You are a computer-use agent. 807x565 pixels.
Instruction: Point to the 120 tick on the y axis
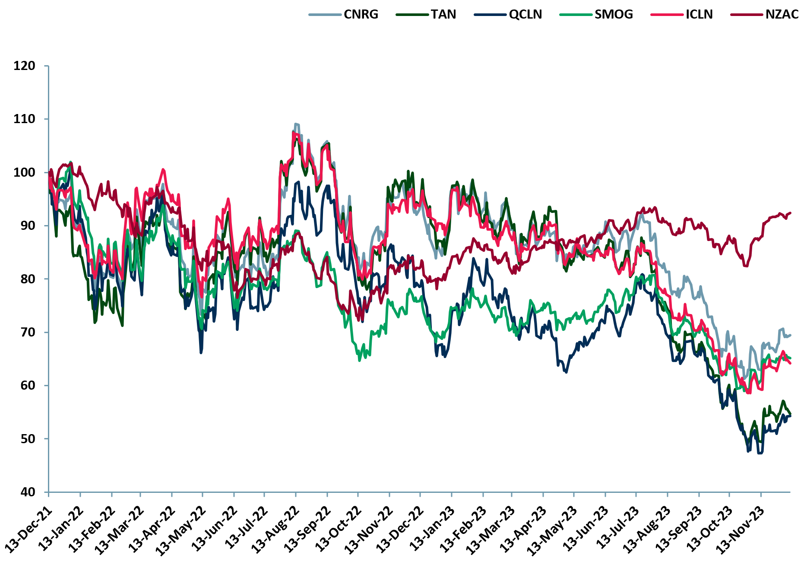25,66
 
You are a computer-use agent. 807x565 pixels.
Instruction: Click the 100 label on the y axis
25,172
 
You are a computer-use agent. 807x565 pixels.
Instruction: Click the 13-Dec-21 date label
28,529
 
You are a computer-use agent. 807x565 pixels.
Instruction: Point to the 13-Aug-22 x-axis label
275,529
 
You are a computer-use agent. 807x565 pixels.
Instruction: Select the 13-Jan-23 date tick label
431,529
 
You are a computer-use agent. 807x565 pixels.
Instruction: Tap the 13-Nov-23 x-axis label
741,529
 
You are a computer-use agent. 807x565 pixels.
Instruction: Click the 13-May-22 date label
182,529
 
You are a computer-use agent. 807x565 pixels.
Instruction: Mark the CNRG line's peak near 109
296,124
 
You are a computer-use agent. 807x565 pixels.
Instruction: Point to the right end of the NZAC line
790,213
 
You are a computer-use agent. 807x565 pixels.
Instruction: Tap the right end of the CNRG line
790,335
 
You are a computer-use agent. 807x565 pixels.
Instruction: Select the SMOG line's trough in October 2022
360,360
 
